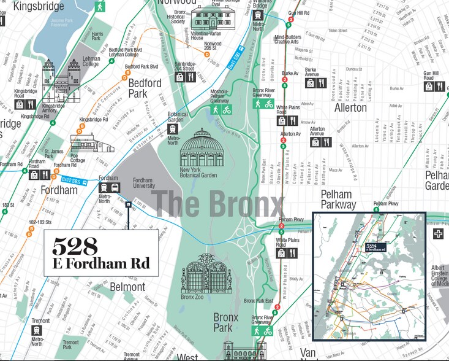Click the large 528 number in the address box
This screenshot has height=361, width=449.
(x=75, y=246)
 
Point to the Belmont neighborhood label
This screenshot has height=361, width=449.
(x=127, y=287)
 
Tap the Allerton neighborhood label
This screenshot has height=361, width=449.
(x=350, y=108)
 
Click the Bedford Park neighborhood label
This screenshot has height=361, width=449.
(x=145, y=88)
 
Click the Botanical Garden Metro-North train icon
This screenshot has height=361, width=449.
(x=173, y=129)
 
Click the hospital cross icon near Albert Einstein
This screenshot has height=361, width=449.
(x=438, y=235)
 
